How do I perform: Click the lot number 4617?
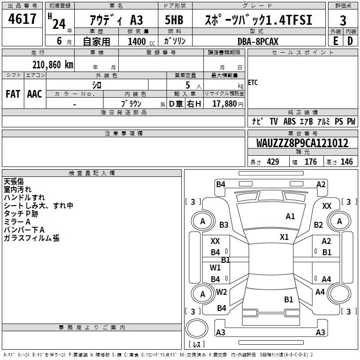pos(22,19)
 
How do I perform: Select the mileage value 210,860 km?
pos(52,64)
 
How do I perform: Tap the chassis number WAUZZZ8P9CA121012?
pos(302,143)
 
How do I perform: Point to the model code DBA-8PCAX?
pos(258,41)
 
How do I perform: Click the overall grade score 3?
pos(343,20)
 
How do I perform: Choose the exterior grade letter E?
pos(335,41)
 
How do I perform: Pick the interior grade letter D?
pos(350,41)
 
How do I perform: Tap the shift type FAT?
pos(13,94)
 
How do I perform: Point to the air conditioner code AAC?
pos(34,94)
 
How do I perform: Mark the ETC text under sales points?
pos(253,83)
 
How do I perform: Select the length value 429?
pos(273,162)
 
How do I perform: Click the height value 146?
pos(346,162)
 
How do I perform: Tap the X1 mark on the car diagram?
pos(284,237)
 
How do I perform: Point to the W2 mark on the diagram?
pos(221,292)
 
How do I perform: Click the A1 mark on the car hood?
pos(290,216)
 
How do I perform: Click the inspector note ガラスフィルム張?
pos(31,238)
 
